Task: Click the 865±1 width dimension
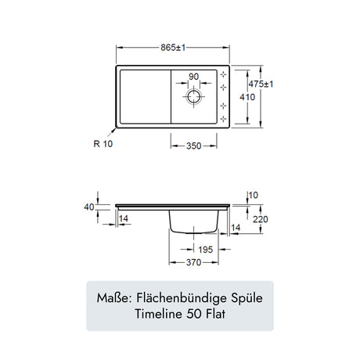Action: click(173, 48)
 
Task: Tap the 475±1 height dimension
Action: click(261, 85)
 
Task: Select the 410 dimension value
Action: click(247, 97)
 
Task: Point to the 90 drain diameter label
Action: click(194, 77)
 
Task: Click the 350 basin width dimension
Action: click(194, 146)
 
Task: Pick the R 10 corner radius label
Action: click(103, 144)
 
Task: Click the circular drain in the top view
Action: click(194, 97)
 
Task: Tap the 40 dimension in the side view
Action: click(89, 207)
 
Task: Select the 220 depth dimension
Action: click(261, 219)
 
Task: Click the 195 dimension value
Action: click(206, 250)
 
